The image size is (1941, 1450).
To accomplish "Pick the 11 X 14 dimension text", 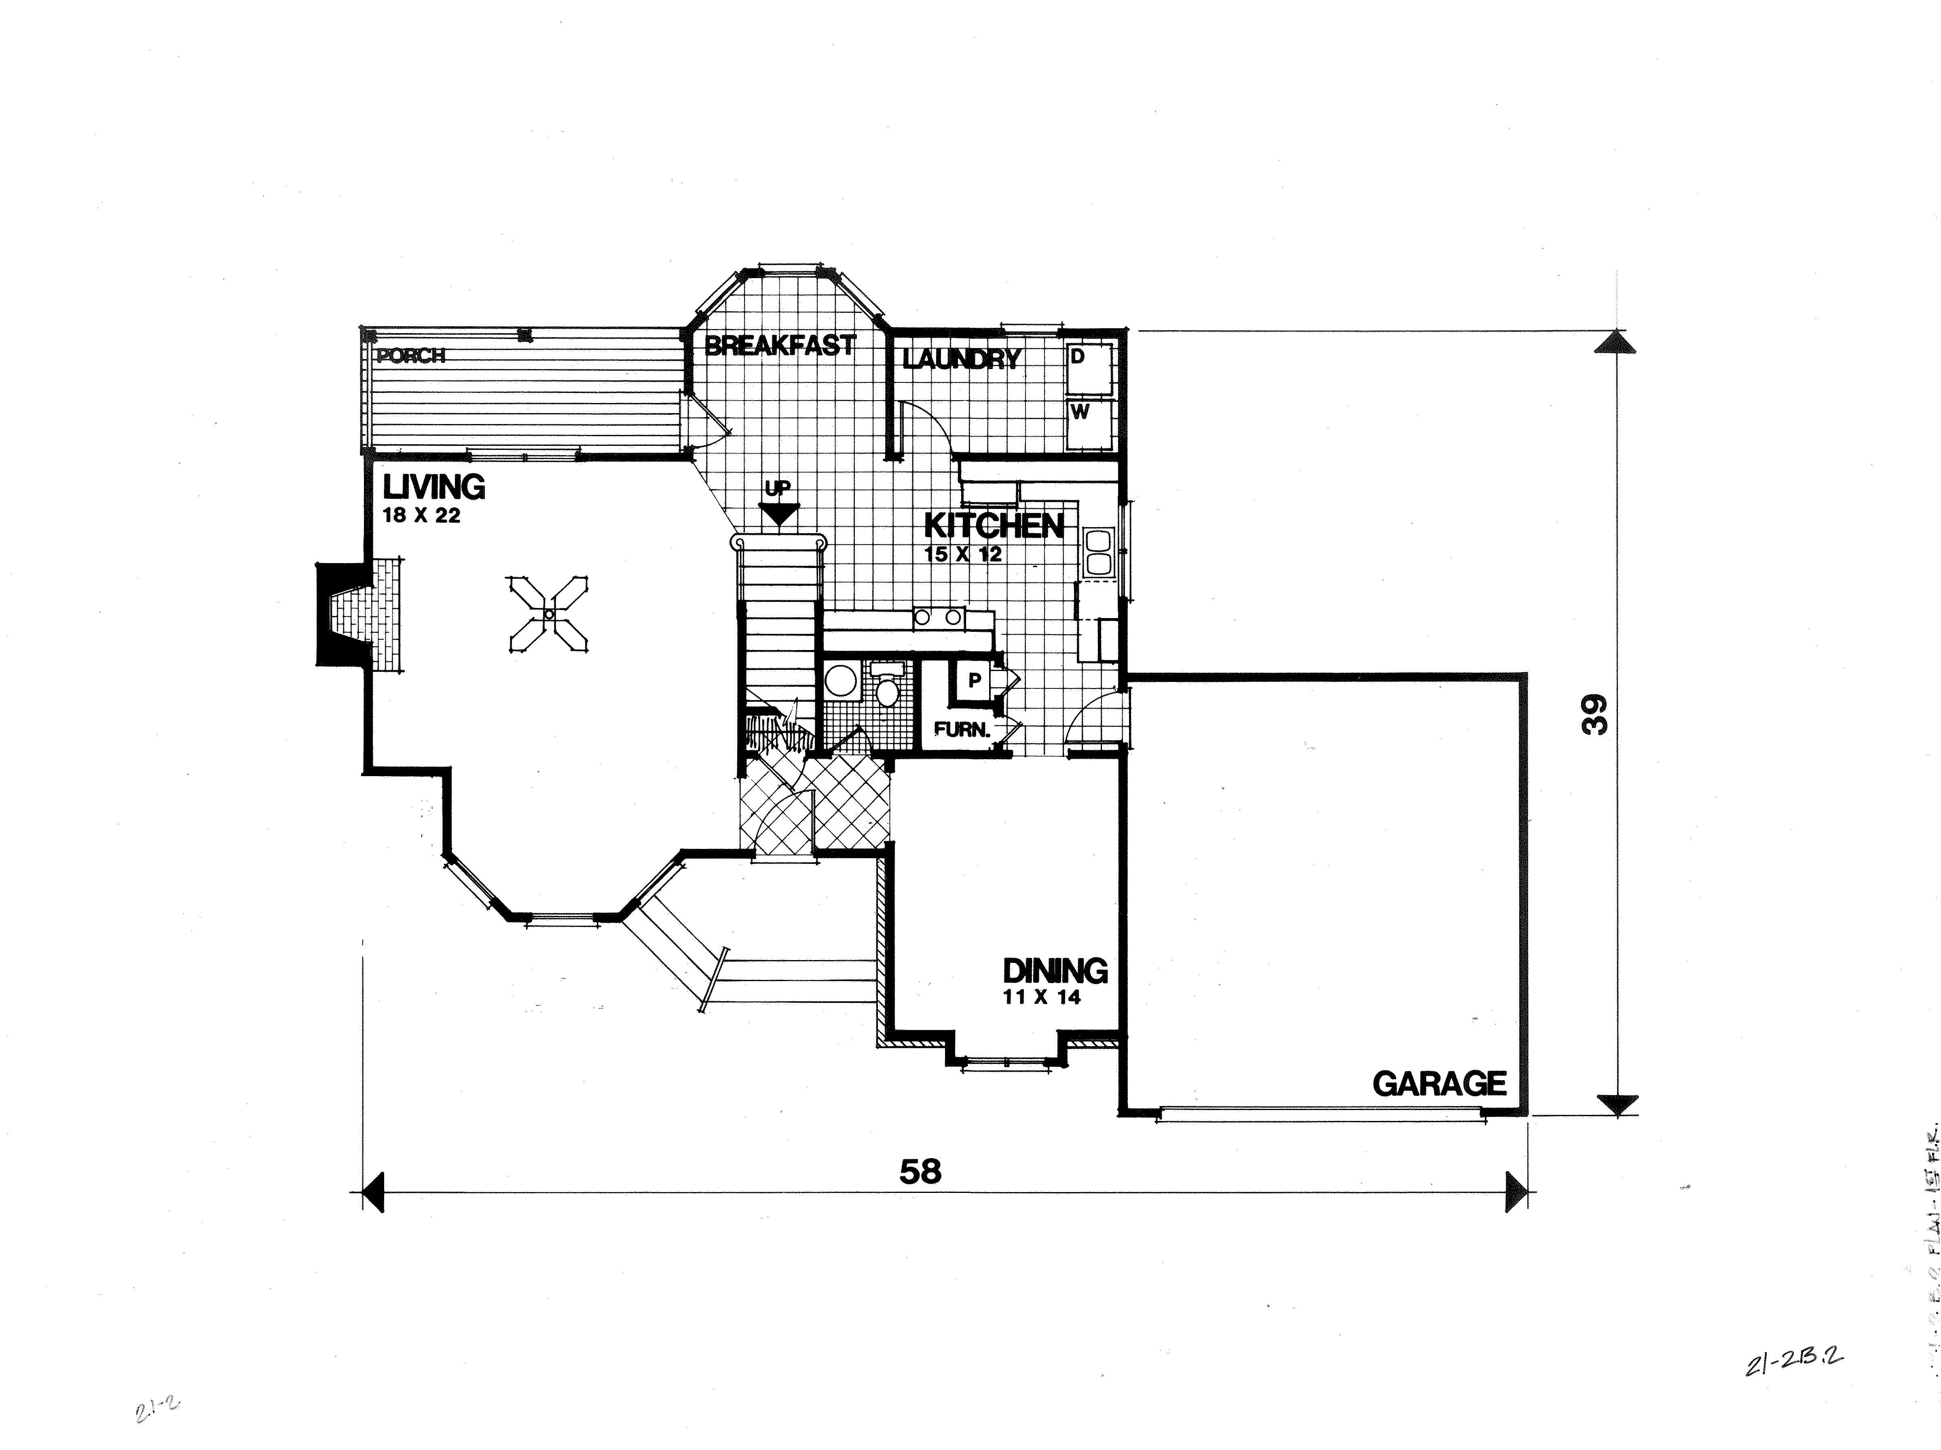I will pos(1042,997).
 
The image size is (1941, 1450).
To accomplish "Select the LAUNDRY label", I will pos(962,359).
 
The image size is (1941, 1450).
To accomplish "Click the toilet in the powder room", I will pos(887,688).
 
